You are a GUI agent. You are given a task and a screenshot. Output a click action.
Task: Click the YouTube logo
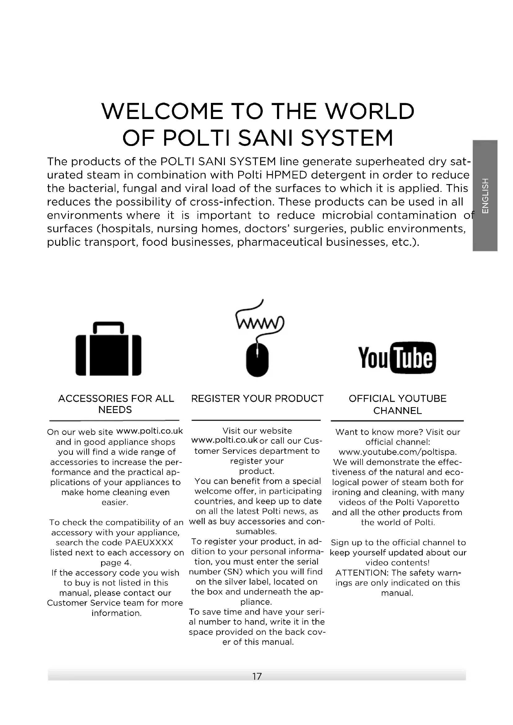(x=397, y=358)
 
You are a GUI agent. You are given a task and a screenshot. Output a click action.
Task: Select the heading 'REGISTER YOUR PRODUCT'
(x=257, y=399)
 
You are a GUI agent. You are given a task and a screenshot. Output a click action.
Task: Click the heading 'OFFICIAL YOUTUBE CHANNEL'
(x=397, y=404)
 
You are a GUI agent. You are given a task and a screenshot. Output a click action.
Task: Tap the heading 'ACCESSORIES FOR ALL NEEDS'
(x=116, y=404)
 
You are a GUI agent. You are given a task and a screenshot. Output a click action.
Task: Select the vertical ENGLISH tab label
(x=485, y=196)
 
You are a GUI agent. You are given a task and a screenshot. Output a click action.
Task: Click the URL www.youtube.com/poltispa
(x=398, y=452)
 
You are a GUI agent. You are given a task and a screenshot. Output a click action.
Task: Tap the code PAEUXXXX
(x=149, y=542)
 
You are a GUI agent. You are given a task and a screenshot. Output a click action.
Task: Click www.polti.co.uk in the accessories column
(x=150, y=431)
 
